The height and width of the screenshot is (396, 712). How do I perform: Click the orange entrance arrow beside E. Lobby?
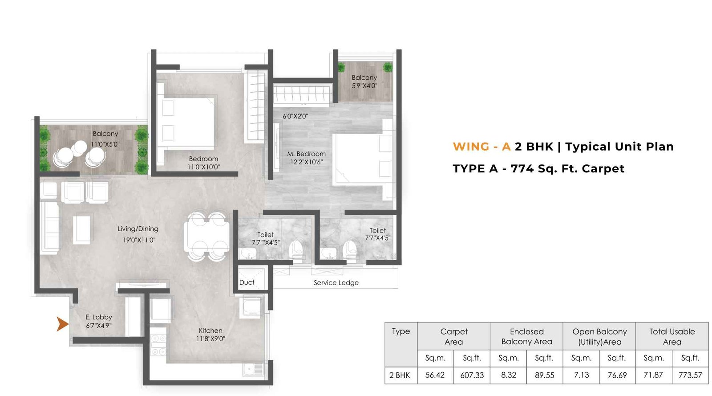(x=62, y=324)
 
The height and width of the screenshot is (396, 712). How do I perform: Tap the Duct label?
(x=247, y=282)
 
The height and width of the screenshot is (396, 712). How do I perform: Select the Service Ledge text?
(x=336, y=283)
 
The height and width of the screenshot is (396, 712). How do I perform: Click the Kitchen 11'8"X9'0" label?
(x=210, y=335)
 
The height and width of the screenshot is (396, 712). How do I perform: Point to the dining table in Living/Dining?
(x=207, y=237)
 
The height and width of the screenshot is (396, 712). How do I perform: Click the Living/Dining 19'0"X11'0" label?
(x=138, y=234)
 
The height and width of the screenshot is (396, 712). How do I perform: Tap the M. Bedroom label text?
(x=306, y=154)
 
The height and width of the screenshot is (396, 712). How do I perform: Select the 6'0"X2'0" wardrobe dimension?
(x=295, y=116)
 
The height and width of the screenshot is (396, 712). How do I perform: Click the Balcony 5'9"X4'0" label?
(x=364, y=82)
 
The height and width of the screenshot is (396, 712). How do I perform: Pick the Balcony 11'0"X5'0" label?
(x=105, y=139)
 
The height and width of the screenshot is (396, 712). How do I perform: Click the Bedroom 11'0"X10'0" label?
(x=203, y=163)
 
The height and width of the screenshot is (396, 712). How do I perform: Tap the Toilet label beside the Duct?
(x=265, y=238)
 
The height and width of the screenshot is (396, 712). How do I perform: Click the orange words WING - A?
(x=481, y=147)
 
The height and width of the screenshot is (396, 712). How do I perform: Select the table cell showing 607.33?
(x=472, y=375)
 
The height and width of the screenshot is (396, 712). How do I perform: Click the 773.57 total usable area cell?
(x=690, y=375)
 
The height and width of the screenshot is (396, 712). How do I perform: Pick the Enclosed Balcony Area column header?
(x=526, y=337)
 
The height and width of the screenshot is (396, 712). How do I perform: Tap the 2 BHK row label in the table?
(x=400, y=375)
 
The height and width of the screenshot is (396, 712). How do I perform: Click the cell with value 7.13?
(x=581, y=375)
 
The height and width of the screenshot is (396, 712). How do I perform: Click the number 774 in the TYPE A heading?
(x=522, y=169)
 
